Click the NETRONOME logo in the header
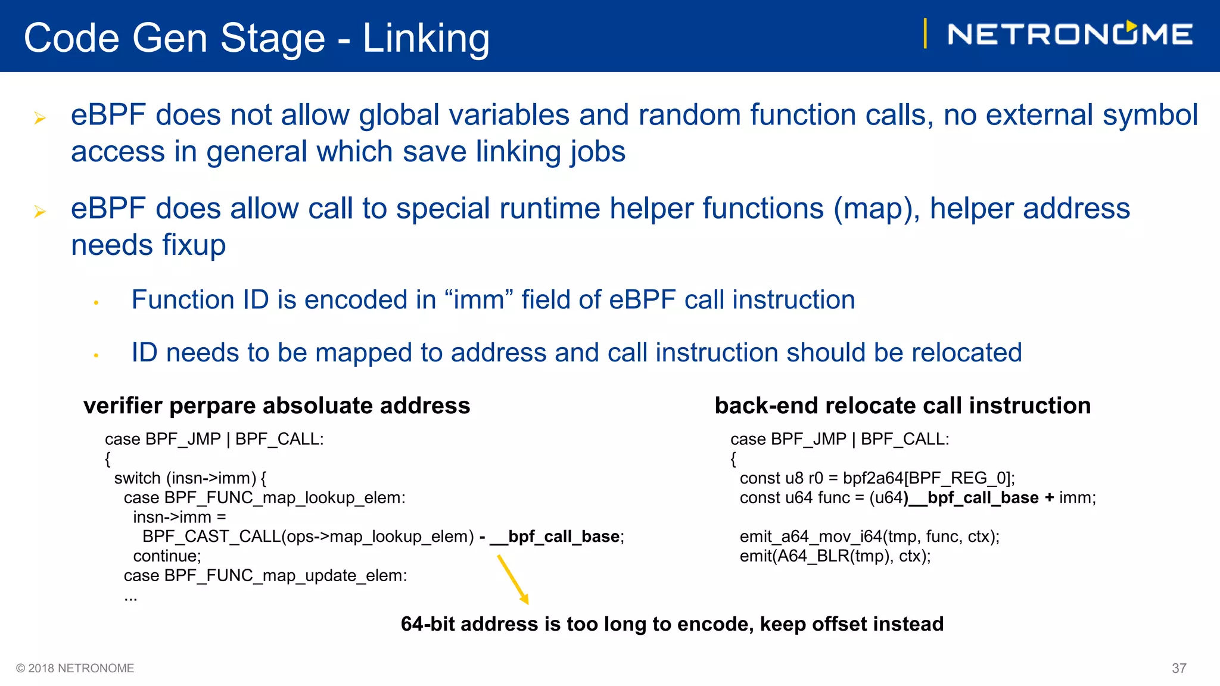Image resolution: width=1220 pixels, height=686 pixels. click(x=1070, y=34)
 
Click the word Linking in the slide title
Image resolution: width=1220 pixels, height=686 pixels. click(x=426, y=38)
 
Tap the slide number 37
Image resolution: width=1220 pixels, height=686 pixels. click(x=1179, y=668)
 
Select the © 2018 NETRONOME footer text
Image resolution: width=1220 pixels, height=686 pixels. click(x=75, y=668)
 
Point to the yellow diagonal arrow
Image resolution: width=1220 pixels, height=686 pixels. click(x=513, y=579)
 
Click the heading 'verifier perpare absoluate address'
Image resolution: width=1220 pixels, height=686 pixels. click(x=276, y=406)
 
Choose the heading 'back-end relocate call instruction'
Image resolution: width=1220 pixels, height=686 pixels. click(x=902, y=406)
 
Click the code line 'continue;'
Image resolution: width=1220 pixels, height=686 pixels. click(x=167, y=556)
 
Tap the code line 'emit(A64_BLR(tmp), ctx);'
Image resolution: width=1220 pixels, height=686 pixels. click(x=835, y=556)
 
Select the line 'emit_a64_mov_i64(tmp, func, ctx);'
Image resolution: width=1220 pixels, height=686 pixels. click(x=869, y=537)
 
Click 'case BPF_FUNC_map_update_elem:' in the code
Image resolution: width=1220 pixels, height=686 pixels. click(x=265, y=576)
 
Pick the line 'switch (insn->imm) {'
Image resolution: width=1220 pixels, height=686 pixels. click(x=190, y=478)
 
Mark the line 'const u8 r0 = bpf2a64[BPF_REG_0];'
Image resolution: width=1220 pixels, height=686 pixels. click(x=877, y=478)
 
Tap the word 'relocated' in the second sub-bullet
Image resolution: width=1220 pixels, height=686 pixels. click(x=967, y=353)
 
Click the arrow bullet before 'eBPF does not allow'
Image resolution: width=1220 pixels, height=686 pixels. click(x=40, y=118)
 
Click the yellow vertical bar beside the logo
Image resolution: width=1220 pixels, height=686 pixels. click(x=925, y=33)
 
